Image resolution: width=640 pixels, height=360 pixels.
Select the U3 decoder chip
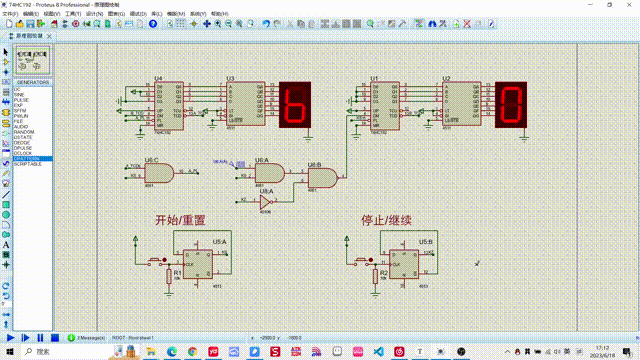pos(245,103)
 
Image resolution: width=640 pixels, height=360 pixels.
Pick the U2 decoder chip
pos(461,103)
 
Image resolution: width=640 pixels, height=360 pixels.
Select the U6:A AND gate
pos(269,173)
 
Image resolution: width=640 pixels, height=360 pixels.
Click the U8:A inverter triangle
pos(265,201)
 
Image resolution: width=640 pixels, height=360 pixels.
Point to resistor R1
pos(168,273)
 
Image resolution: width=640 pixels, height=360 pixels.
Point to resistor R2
pos(375,273)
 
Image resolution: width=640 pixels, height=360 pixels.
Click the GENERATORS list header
pos(32,82)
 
